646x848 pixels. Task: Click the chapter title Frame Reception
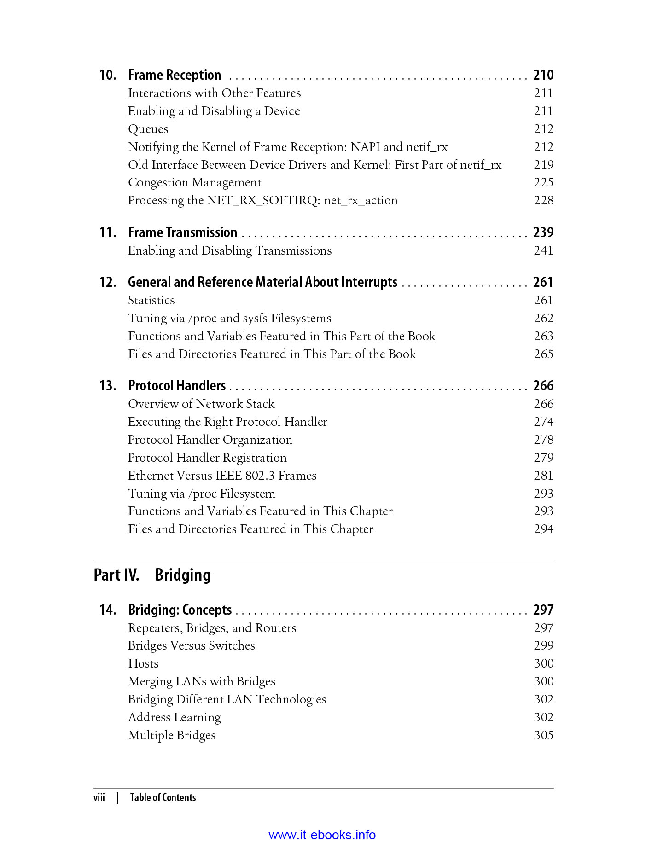(x=174, y=75)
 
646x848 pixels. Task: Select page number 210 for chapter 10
(x=543, y=75)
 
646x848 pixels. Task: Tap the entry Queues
(x=148, y=129)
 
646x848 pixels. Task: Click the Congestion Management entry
(x=194, y=183)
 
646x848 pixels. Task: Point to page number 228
(x=543, y=201)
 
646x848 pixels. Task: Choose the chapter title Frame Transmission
(x=182, y=232)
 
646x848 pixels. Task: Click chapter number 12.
(x=108, y=282)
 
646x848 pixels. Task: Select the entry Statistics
(x=151, y=301)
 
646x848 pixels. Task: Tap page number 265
(x=543, y=354)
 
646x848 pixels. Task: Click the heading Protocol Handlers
(x=177, y=386)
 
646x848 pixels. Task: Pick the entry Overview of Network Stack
(x=201, y=404)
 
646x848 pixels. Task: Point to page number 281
(x=543, y=476)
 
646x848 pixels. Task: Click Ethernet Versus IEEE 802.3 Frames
(x=222, y=476)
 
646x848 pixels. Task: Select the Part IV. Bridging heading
(x=152, y=575)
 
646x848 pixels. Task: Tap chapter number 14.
(x=108, y=610)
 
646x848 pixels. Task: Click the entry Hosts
(x=143, y=664)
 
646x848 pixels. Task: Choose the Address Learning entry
(x=174, y=718)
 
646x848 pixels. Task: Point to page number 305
(x=543, y=735)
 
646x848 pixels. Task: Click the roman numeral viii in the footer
(x=99, y=798)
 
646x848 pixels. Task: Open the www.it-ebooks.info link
(x=322, y=835)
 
